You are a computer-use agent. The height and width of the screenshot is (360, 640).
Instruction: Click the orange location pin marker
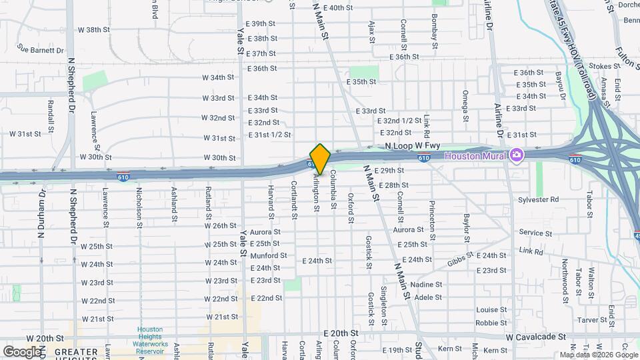point(320,159)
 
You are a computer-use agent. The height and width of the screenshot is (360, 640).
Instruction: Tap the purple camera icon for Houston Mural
point(517,155)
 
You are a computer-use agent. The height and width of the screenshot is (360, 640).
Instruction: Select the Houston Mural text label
point(476,155)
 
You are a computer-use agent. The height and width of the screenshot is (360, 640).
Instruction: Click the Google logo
point(22,351)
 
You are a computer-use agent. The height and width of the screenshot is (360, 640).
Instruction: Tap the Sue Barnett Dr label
point(41,50)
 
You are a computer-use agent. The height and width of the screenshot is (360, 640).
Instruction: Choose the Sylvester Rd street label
point(540,199)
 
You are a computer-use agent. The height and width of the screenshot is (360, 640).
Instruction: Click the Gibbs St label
point(460,257)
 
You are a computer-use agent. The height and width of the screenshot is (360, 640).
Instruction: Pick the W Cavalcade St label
point(535,337)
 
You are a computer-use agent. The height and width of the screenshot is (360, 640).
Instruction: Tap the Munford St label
point(269,255)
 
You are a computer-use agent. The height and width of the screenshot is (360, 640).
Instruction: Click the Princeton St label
point(432,220)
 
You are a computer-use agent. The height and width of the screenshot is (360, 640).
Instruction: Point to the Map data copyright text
point(598,355)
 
